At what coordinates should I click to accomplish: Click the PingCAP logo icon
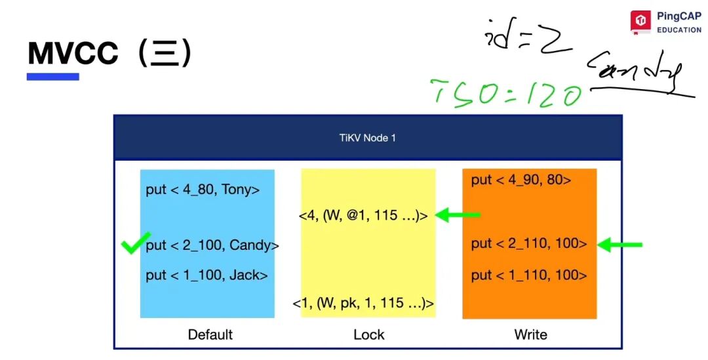coord(640,22)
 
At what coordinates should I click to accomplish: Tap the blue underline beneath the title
coord(52,77)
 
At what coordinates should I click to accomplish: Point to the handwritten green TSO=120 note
coord(505,93)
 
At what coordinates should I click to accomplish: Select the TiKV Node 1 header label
coord(367,138)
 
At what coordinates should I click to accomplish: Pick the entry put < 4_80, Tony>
coord(203,190)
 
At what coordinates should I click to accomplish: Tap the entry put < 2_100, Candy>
coord(212,245)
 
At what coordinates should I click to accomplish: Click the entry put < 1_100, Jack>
coord(206,275)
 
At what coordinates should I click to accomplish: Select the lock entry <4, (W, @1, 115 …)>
coord(364,215)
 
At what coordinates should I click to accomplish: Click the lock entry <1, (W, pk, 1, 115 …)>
coord(363,303)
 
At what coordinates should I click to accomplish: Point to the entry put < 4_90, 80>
coord(521,180)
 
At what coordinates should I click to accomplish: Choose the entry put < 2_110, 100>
coord(528,243)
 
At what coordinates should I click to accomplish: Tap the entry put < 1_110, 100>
coord(528,275)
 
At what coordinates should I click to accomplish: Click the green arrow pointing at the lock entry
coord(458,214)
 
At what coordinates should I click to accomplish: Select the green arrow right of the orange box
coord(619,245)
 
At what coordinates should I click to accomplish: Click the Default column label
coord(210,334)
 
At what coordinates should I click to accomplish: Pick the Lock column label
coord(368,334)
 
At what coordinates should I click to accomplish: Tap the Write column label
coord(530,334)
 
